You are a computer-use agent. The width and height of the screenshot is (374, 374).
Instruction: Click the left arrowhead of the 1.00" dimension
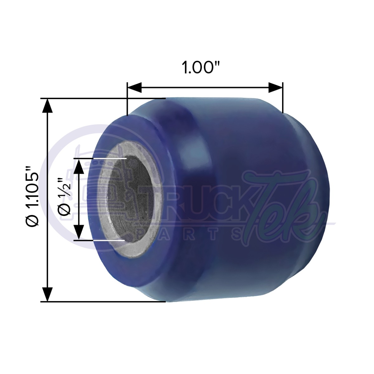click(135, 87)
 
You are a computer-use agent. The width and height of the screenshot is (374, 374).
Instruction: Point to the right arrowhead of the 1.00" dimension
click(276, 87)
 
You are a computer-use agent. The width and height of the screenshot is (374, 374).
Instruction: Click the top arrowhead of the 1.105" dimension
click(47, 106)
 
